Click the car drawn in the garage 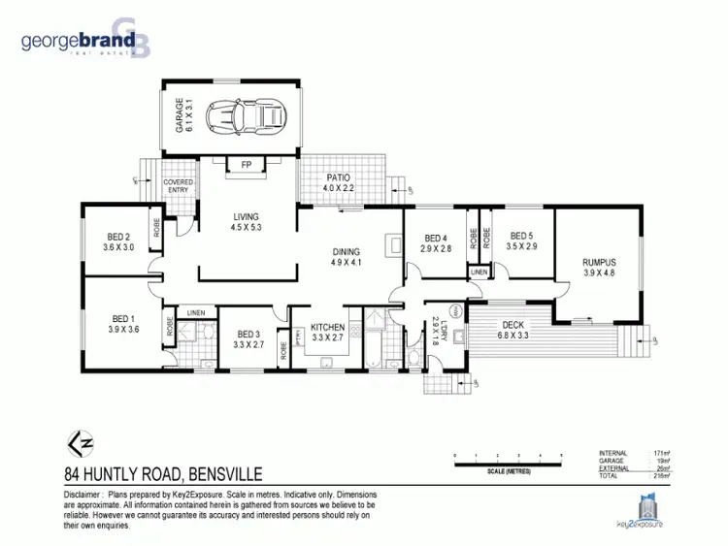(x=246, y=117)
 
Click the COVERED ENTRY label (x=179, y=186)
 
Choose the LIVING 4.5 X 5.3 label (x=247, y=221)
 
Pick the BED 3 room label (x=248, y=337)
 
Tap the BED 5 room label (x=522, y=241)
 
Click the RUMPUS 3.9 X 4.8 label (x=599, y=267)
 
